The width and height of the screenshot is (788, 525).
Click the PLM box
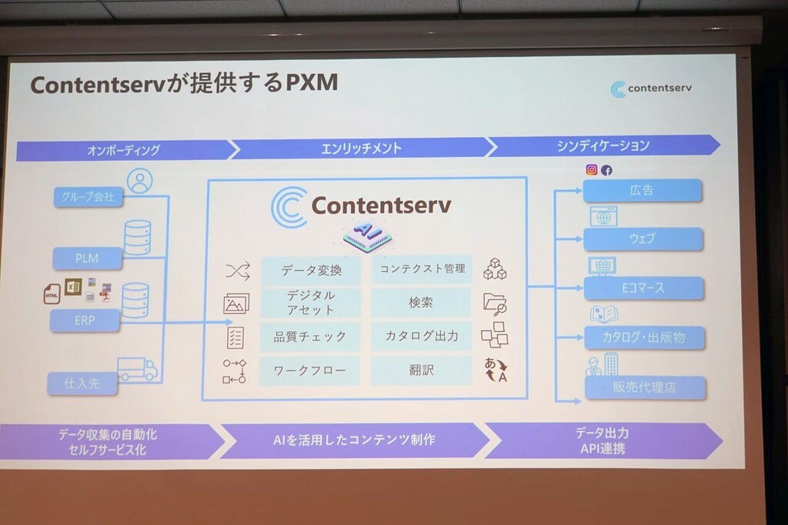pos(88,259)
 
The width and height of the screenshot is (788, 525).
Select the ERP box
pos(85,320)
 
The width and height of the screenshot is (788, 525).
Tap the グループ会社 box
pos(88,196)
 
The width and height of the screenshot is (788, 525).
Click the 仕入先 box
pos(82,383)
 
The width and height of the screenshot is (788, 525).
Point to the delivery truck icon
pos(137,369)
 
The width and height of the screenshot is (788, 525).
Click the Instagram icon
pos(592,170)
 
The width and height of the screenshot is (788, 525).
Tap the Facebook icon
pos(606,170)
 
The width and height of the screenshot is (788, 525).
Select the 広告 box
pos(643,191)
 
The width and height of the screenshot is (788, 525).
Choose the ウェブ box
pos(643,239)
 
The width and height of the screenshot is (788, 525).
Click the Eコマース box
pos(643,288)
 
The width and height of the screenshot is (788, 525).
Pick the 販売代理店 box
pos(645,388)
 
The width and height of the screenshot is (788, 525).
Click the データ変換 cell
pos(311,270)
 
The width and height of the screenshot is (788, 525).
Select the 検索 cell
pos(421,303)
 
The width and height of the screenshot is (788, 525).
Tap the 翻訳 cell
pos(421,370)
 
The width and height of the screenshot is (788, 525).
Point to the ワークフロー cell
pos(310,371)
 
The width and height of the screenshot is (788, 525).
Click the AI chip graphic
pos(367,235)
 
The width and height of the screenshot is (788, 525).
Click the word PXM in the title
pos(312,82)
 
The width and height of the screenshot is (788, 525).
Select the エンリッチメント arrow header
pos(362,149)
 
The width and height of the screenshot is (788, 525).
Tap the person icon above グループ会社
pos(140,181)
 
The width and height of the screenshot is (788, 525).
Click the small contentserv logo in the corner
pos(651,89)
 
